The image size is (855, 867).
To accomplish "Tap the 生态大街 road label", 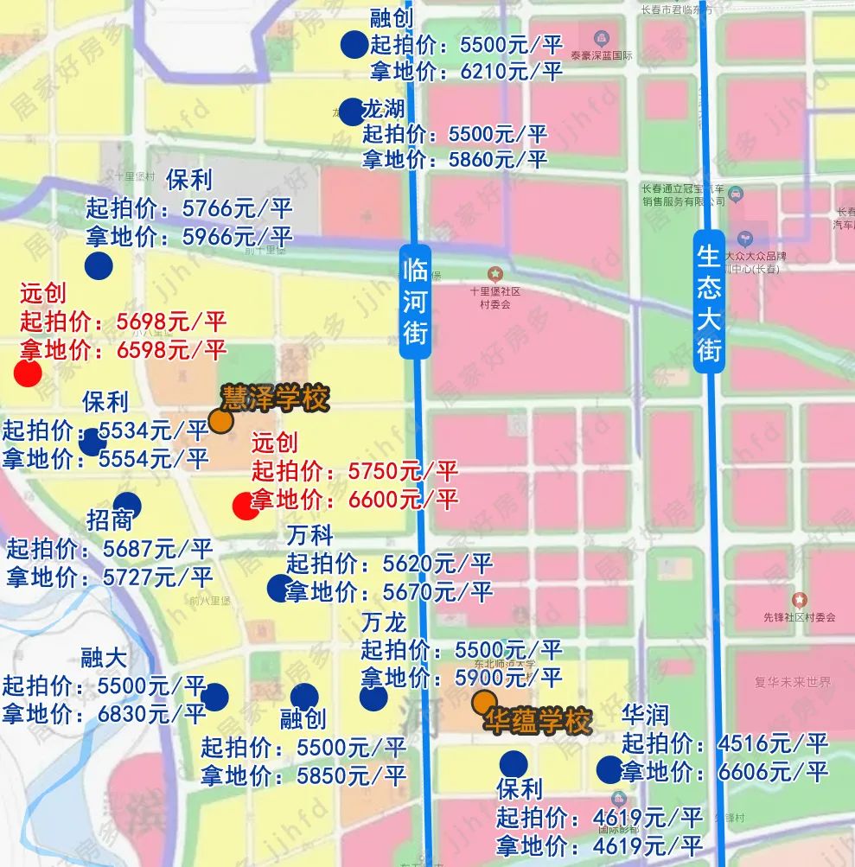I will click(x=709, y=303).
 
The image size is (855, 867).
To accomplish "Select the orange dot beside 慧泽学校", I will click(x=220, y=421).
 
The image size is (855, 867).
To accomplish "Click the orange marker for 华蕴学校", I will click(x=485, y=703).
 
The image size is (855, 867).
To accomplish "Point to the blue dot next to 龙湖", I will click(x=350, y=112).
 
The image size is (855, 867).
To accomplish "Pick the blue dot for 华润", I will click(x=609, y=769).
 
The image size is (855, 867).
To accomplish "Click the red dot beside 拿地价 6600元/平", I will click(x=246, y=506).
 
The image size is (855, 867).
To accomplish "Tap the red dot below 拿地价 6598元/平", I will click(x=28, y=373).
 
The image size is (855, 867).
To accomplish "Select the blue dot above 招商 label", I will click(x=127, y=505).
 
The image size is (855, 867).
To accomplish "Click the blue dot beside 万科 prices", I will click(x=280, y=588).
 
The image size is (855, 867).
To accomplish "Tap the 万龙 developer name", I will click(x=383, y=622).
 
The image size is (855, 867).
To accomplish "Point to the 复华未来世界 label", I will click(x=793, y=682).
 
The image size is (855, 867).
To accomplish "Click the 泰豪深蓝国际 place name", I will click(x=602, y=55).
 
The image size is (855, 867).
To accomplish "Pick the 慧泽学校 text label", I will click(x=276, y=398).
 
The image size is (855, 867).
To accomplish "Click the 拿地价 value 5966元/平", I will click(x=238, y=236).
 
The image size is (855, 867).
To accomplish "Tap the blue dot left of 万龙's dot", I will click(x=304, y=697).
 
